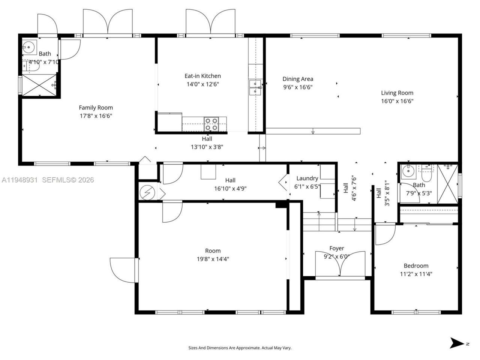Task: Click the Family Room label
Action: pyautogui.click(x=96, y=108)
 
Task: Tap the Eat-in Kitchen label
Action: pyautogui.click(x=202, y=76)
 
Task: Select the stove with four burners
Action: pyautogui.click(x=211, y=124)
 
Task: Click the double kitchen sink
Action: pyautogui.click(x=255, y=87)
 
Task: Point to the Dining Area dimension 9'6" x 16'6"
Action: pyautogui.click(x=298, y=87)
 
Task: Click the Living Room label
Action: pyautogui.click(x=397, y=93)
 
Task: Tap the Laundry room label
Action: pyautogui.click(x=307, y=178)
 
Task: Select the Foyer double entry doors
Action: pyautogui.click(x=340, y=264)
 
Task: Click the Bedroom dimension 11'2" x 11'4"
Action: pyautogui.click(x=416, y=274)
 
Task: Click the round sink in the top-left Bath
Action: pyautogui.click(x=27, y=47)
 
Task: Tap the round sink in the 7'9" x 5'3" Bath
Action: pyautogui.click(x=407, y=171)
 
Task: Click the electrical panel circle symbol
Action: pyautogui.click(x=147, y=193)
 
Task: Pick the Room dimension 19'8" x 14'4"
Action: pyautogui.click(x=213, y=259)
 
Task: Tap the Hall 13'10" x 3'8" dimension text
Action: pyautogui.click(x=207, y=147)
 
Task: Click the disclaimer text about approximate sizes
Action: pyautogui.click(x=240, y=348)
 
